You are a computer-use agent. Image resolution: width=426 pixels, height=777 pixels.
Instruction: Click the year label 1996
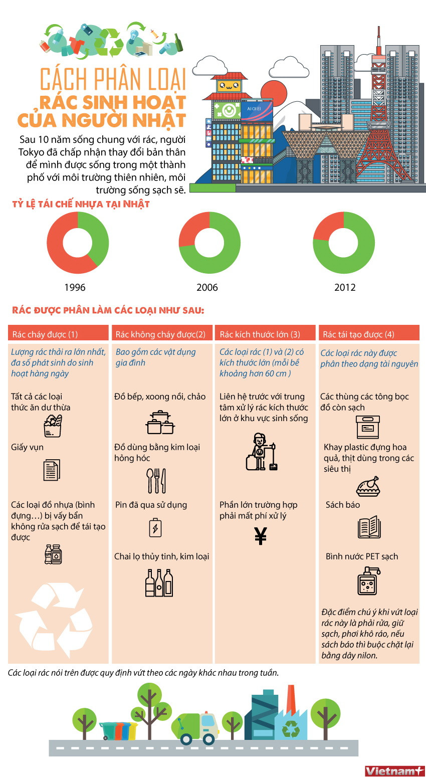75,287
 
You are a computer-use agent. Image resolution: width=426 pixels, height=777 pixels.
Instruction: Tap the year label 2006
207,287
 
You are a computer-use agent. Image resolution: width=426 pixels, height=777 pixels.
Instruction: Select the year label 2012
345,287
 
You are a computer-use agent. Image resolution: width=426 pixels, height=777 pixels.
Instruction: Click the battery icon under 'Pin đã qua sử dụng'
155,527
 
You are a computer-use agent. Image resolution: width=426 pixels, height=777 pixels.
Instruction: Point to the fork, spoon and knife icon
156,481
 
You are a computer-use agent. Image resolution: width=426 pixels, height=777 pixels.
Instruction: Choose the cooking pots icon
160,423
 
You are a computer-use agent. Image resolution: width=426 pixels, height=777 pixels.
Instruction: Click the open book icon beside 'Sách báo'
369,527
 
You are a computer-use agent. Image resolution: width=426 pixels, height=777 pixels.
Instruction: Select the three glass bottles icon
159,582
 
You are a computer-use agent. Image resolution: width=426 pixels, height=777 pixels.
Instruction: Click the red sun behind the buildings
274,93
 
